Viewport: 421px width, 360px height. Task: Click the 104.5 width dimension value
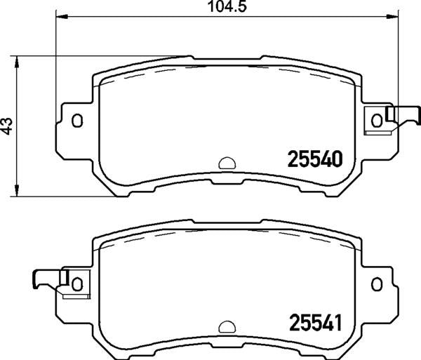point(227,6)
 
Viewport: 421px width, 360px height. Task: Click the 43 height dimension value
point(8,126)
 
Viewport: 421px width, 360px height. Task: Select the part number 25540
point(315,159)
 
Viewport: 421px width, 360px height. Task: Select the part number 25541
point(315,323)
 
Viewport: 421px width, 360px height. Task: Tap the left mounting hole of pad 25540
point(77,121)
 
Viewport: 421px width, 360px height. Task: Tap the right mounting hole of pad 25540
point(377,121)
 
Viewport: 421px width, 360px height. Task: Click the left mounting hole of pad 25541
point(77,284)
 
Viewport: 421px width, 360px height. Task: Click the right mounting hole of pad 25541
point(377,284)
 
